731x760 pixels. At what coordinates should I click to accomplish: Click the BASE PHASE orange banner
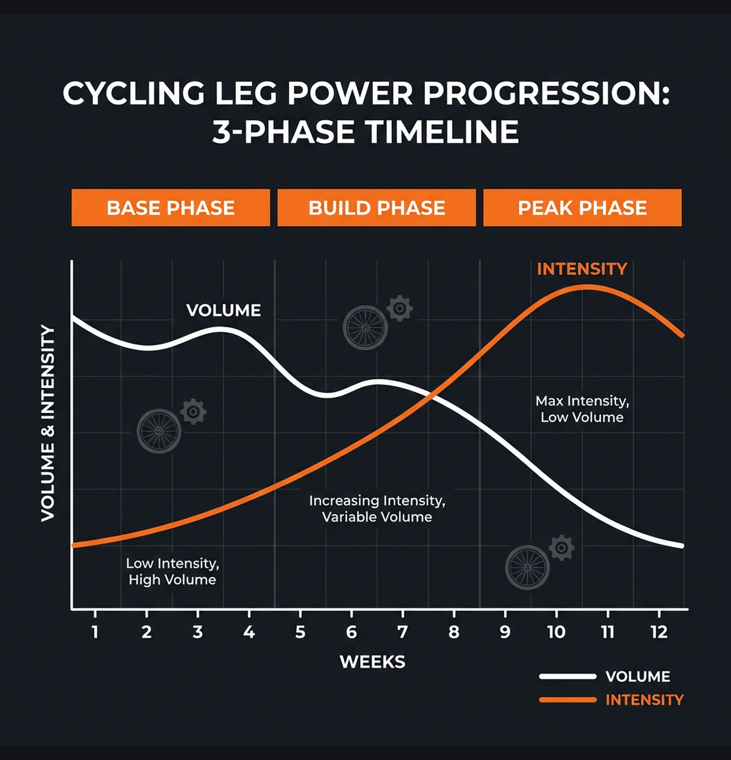point(170,208)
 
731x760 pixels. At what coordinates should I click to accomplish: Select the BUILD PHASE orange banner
point(376,208)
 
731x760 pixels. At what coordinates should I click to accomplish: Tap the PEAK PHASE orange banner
point(582,208)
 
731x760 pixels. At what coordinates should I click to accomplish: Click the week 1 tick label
point(95,632)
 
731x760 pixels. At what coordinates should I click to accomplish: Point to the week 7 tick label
point(402,632)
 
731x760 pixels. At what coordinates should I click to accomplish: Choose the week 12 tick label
point(659,632)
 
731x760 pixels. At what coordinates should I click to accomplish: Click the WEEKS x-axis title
point(372,662)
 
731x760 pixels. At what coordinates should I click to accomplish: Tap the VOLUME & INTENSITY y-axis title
point(48,423)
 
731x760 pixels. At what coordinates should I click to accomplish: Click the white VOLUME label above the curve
point(223,310)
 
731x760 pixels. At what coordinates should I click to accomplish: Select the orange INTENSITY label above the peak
point(582,269)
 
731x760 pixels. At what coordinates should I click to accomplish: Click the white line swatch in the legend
point(567,676)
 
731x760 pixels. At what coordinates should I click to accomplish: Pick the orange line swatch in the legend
point(567,700)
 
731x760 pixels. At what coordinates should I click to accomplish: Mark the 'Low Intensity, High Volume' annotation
point(172,572)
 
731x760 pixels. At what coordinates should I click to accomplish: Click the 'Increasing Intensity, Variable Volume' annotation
point(377,509)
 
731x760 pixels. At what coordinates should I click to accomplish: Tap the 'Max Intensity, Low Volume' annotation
point(582,409)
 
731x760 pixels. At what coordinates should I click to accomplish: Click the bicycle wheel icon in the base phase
point(159,431)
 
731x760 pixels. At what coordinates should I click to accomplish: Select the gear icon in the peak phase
point(562,548)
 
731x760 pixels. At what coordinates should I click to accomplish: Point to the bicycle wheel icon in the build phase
point(365,328)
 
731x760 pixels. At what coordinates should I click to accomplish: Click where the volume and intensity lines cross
point(430,396)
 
